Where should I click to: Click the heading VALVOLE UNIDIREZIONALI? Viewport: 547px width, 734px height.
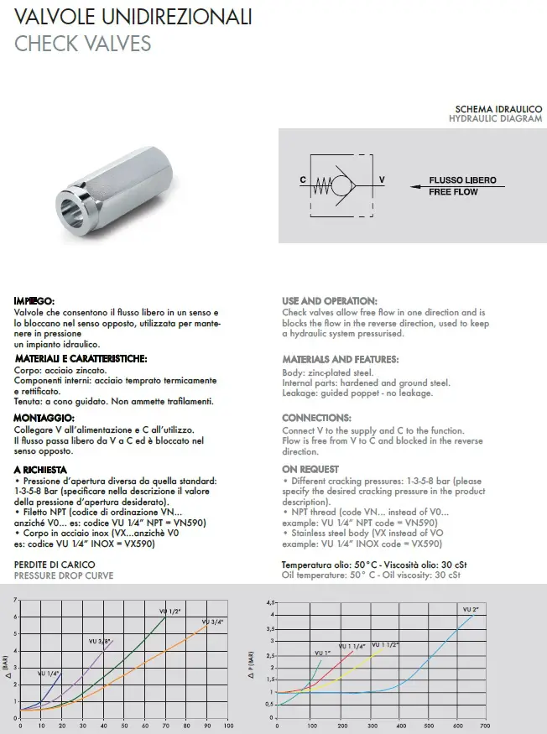pyautogui.click(x=133, y=18)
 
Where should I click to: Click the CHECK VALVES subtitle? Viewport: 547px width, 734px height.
pyautogui.click(x=82, y=43)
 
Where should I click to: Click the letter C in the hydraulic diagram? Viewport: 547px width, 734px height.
pyautogui.click(x=303, y=180)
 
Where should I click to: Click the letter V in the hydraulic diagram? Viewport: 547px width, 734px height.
pyautogui.click(x=382, y=180)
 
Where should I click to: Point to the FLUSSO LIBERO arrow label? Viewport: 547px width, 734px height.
pyautogui.click(x=462, y=180)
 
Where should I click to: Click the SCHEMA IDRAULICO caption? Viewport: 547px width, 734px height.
pyautogui.click(x=498, y=110)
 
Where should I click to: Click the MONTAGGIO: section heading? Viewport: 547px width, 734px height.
pyautogui.click(x=44, y=418)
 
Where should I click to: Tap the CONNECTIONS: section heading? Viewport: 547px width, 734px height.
pyautogui.click(x=316, y=418)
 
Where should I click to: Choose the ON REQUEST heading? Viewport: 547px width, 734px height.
pyautogui.click(x=310, y=469)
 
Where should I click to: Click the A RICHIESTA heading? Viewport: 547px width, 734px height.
pyautogui.click(x=40, y=469)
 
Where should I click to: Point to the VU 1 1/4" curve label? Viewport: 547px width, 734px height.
pyautogui.click(x=351, y=646)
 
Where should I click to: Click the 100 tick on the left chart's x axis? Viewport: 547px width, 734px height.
pyautogui.click(x=228, y=726)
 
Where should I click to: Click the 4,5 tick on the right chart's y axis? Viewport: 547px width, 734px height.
pyautogui.click(x=270, y=602)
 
